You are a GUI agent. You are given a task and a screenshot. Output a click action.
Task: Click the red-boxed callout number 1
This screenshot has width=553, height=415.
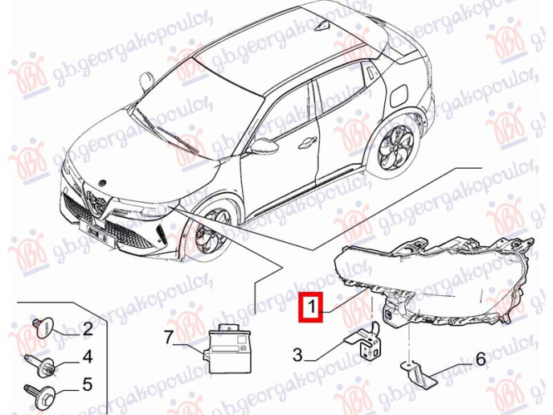tap(311, 306)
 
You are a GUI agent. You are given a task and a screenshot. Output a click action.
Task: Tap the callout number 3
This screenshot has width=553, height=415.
tap(297, 355)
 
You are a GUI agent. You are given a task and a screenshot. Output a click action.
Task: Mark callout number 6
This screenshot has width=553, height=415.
tap(480, 360)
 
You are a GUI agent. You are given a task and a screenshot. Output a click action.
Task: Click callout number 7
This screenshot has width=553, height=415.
tap(168, 337)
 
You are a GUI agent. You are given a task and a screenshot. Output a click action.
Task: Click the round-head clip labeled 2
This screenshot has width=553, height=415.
tap(43, 327)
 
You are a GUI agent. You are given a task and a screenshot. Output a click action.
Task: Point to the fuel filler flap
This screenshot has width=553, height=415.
tap(400, 96)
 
